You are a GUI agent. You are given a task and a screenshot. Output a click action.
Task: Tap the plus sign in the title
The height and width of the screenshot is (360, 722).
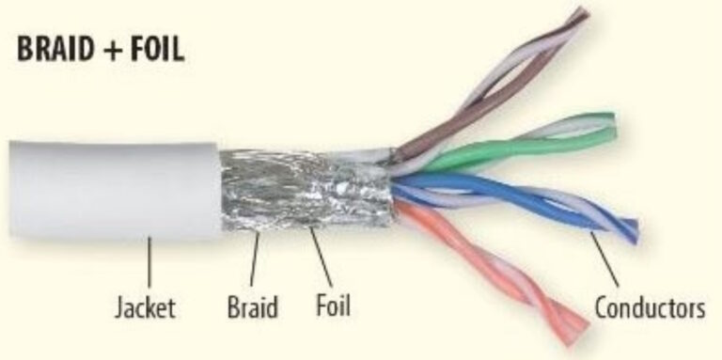tap(113, 51)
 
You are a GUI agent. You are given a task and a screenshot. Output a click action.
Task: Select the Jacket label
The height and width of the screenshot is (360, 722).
tap(145, 307)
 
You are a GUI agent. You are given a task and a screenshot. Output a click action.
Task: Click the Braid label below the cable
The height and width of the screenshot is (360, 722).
tap(253, 307)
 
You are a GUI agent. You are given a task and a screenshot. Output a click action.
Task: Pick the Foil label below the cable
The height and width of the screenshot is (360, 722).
tap(332, 307)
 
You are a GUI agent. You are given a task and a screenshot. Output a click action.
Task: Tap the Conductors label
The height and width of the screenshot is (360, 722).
tap(650, 307)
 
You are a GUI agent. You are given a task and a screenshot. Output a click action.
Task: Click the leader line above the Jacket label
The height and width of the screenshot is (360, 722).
tap(149, 263)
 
